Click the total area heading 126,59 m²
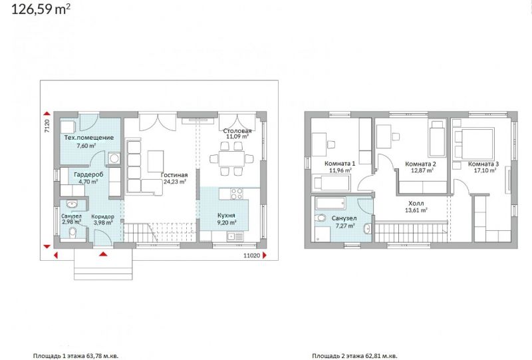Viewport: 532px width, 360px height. point(41,9)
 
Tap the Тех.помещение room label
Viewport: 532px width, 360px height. point(89,138)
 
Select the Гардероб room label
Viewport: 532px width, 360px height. point(88,174)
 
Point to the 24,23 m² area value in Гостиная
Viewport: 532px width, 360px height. point(175,182)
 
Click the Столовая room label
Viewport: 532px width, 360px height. point(237,130)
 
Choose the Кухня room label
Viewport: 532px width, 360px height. point(226,216)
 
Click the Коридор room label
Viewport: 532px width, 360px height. point(103,216)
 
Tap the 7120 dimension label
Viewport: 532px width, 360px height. point(47,126)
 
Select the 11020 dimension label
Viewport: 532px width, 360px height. point(252,256)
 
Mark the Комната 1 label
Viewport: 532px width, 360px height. point(340,163)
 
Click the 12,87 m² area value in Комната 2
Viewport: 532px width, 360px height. point(422,170)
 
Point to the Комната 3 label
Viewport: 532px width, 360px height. point(483,164)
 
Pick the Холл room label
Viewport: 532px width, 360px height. point(416,204)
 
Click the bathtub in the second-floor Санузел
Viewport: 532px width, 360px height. point(331,204)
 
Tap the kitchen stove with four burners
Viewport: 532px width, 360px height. point(237,194)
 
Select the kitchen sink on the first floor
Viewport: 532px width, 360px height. point(234,236)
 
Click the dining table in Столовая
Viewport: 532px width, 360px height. point(231,158)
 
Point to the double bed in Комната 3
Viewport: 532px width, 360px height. point(474,143)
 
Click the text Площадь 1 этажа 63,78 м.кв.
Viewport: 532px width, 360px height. point(76,356)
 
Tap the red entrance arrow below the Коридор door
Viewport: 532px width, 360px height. point(104,254)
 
